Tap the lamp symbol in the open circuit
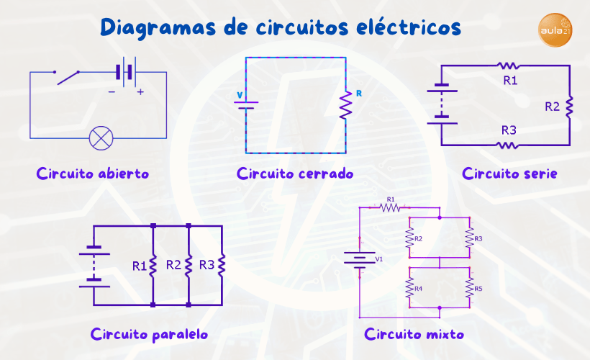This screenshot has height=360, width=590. [x=99, y=137]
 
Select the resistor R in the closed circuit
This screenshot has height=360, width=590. [x=345, y=106]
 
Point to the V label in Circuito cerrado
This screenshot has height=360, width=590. [x=240, y=94]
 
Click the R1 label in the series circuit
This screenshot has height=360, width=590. [x=510, y=80]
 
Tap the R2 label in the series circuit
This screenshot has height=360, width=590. [x=552, y=107]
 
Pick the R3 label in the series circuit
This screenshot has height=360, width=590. [x=509, y=130]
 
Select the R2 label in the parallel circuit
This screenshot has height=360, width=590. [x=173, y=264]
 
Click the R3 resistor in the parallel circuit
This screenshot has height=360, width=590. [x=222, y=265]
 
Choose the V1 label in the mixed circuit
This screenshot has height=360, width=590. [x=380, y=258]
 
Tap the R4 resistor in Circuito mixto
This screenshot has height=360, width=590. [x=409, y=289]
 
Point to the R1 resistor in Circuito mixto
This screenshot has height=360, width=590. [x=390, y=207]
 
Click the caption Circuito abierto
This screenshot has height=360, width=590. [x=93, y=174]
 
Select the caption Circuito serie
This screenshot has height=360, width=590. [x=509, y=174]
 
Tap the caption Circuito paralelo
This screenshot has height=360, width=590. [x=150, y=334]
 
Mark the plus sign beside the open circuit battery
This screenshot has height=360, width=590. [x=140, y=91]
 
